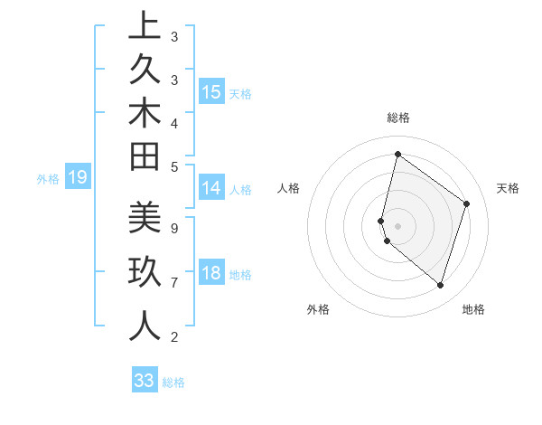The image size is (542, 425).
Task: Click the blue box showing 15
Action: tap(211, 91)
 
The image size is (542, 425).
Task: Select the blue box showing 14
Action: tap(211, 188)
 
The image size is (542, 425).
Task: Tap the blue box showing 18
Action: tap(211, 273)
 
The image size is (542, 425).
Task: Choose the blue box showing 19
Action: tap(78, 177)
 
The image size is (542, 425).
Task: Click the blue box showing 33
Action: tap(145, 381)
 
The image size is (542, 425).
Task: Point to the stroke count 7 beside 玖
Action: tap(173, 283)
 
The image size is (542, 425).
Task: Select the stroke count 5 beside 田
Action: tap(173, 166)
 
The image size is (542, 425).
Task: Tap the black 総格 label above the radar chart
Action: tap(398, 118)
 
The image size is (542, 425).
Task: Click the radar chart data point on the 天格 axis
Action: tap(467, 203)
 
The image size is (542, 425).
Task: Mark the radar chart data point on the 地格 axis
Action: tap(440, 285)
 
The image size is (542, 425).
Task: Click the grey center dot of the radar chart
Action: tap(398, 225)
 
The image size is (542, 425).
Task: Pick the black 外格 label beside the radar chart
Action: tap(318, 309)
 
